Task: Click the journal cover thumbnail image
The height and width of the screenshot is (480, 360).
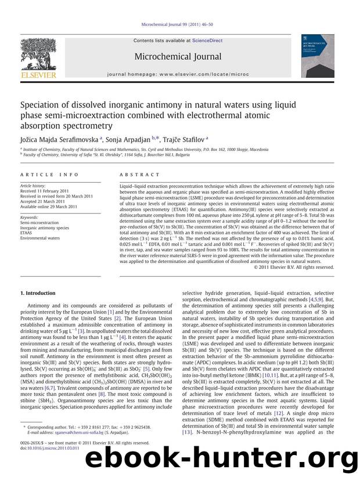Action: pyautogui.click(x=317, y=56)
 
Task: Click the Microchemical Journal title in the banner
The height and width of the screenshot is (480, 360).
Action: pyautogui.click(x=178, y=56)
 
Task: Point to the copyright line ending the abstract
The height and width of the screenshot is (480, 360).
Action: pyautogui.click(x=294, y=267)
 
